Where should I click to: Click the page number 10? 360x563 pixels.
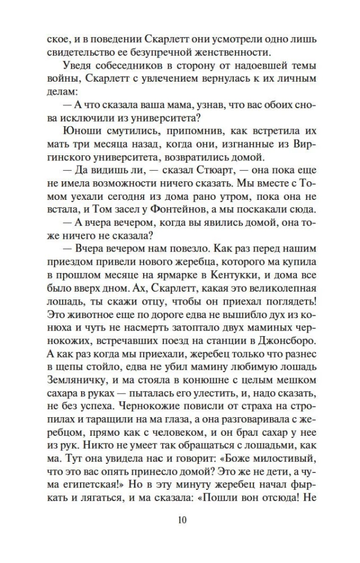coord(180,519)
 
